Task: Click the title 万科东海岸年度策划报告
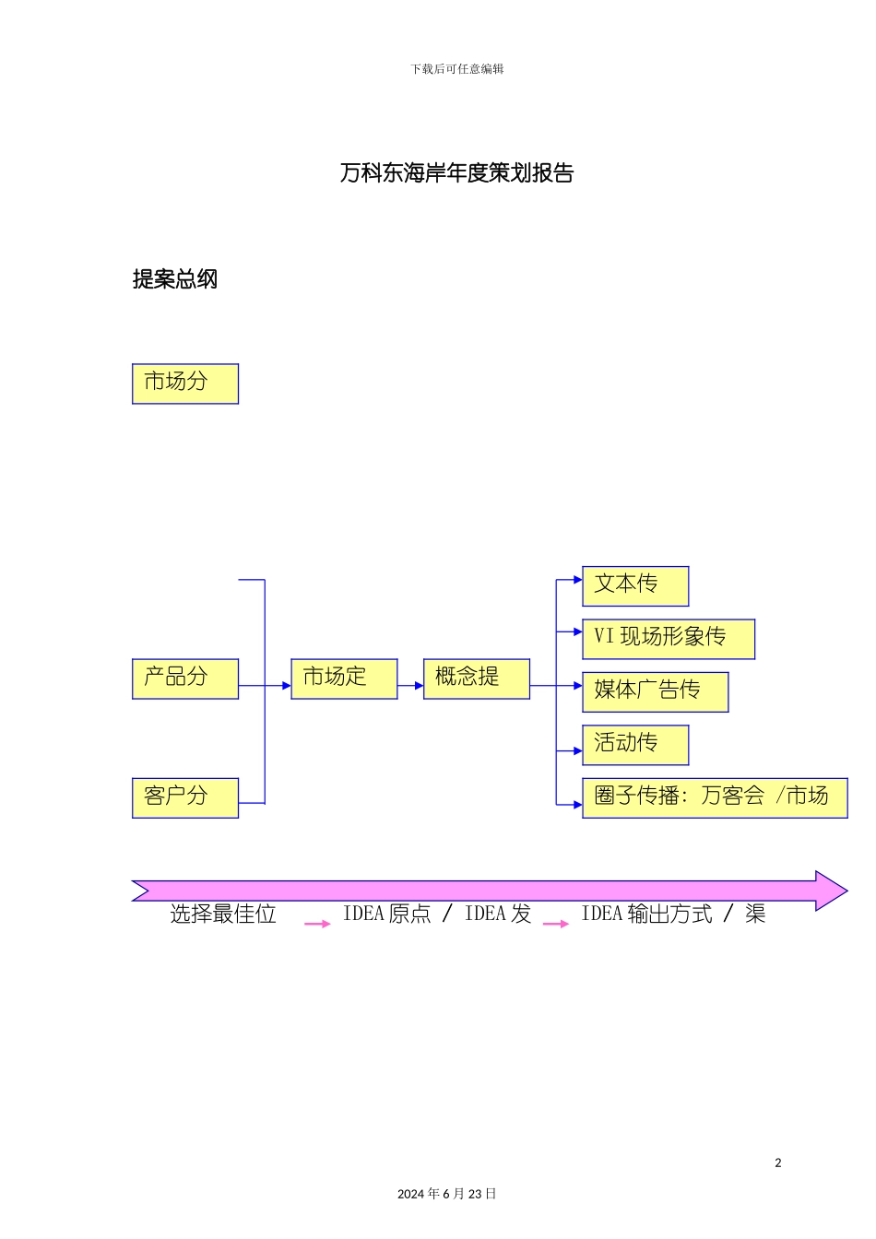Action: point(456,173)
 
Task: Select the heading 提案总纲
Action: point(175,279)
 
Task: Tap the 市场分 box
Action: point(185,383)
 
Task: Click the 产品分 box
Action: point(185,678)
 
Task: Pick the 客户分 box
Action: point(185,797)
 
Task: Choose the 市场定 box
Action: point(344,678)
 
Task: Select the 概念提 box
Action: point(476,678)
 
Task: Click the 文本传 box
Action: point(635,585)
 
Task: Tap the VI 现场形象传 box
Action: point(669,639)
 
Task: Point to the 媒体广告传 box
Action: point(655,691)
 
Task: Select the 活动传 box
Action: point(635,745)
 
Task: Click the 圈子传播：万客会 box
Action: point(715,797)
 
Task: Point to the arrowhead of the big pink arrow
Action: point(830,891)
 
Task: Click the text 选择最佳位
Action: point(223,914)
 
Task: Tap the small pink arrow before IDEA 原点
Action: point(317,923)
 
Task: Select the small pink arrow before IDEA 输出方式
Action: point(556,923)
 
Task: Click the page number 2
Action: point(778,1162)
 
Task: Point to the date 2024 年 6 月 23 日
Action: point(447,1194)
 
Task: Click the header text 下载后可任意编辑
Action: point(457,69)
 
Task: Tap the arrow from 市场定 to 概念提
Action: point(410,686)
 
